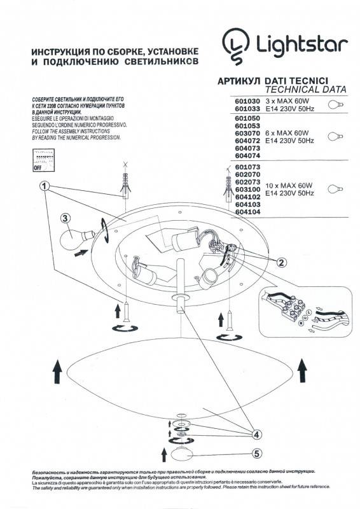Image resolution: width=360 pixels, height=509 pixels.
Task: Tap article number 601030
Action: [x=247, y=101]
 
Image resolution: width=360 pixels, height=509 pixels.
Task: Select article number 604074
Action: [x=247, y=155]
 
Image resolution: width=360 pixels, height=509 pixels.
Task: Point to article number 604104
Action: [x=247, y=213]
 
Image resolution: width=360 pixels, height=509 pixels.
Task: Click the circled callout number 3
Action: [x=65, y=219]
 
